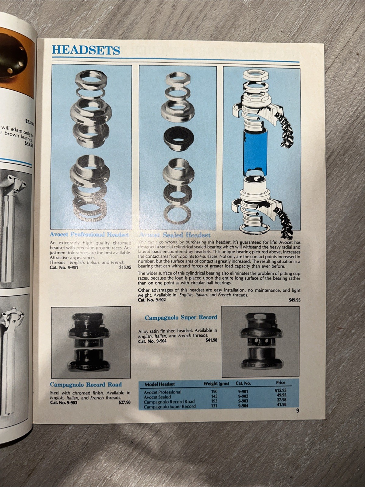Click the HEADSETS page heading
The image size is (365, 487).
[86, 50]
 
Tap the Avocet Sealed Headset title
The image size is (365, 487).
[175, 235]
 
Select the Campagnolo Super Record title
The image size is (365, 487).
[181, 317]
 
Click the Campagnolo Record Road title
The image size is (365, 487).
[86, 384]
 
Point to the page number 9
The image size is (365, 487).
[297, 411]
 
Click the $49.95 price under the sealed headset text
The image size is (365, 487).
[294, 300]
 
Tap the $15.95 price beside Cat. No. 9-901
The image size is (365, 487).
[125, 267]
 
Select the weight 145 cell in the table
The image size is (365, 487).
[214, 397]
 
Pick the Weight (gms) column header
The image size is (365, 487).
[216, 383]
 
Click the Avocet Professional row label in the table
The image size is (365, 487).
[162, 392]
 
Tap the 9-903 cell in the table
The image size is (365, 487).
[243, 401]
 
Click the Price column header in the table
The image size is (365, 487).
[280, 383]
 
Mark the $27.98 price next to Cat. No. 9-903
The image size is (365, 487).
[125, 402]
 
